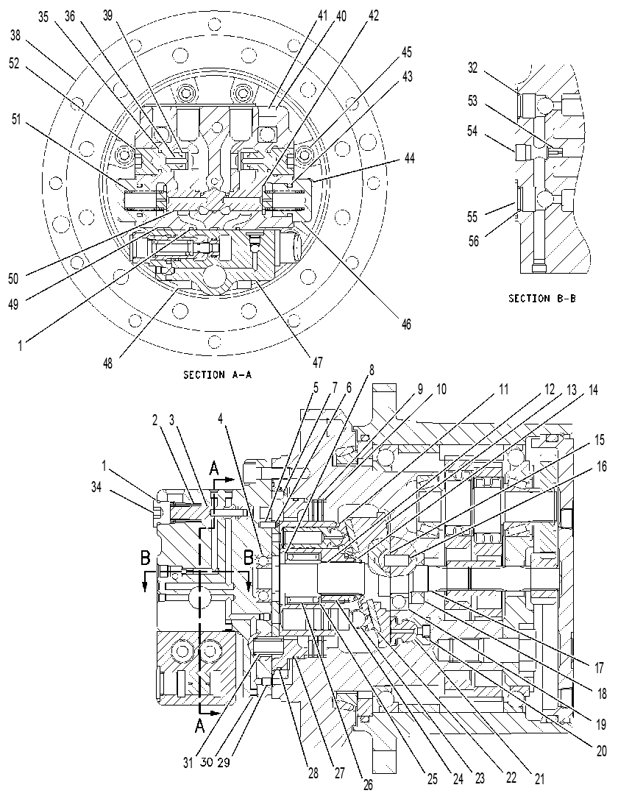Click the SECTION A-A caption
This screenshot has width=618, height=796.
(217, 375)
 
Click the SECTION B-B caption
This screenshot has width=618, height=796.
(542, 299)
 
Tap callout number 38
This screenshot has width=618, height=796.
(15, 35)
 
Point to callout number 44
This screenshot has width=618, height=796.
(408, 158)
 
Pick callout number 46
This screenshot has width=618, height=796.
(405, 324)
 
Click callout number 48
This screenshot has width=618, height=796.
(108, 363)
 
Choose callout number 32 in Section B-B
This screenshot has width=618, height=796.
(473, 68)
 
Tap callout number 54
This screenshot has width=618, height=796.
(472, 131)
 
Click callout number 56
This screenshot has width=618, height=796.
(473, 241)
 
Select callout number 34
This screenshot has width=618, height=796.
(96, 487)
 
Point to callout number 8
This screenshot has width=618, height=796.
(372, 369)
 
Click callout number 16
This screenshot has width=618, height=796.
(601, 466)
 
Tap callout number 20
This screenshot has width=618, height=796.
(601, 751)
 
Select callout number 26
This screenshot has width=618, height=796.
(368, 785)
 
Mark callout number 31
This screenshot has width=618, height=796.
(188, 762)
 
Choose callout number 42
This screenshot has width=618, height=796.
(373, 15)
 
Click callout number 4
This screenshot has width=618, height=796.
(220, 419)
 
